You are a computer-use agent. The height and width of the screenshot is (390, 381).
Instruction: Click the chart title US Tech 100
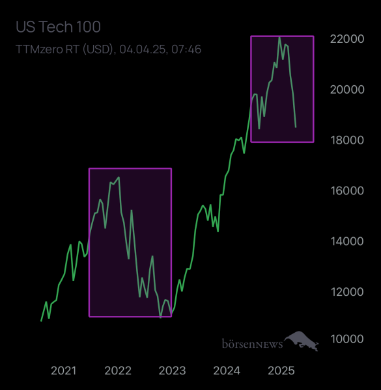pos(58,27)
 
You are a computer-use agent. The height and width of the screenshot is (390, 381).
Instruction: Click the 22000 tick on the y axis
pos(346,39)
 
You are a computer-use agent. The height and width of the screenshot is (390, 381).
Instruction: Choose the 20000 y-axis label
pos(346,89)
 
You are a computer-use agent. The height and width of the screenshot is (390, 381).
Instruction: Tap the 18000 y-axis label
pos(346,140)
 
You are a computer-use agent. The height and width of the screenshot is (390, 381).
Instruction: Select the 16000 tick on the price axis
pos(346,190)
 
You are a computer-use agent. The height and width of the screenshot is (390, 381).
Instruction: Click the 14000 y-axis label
pos(346,241)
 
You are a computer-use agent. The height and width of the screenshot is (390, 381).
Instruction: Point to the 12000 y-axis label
pos(346,291)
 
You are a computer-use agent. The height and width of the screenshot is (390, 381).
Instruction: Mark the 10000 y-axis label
pos(346,339)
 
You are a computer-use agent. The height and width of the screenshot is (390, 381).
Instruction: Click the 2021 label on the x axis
pos(63,370)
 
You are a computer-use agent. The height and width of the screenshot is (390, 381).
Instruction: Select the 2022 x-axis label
pos(118,370)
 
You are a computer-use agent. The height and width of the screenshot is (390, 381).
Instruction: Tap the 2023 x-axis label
pos(173,370)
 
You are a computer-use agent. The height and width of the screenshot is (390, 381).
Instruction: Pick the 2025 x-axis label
pos(282,370)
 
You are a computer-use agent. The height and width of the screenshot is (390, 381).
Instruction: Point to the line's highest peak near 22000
pos(279,38)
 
